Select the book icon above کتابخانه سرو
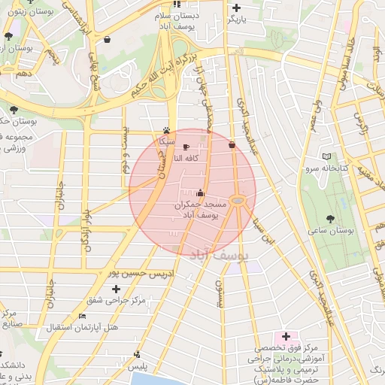pyautogui.click(x=326, y=156)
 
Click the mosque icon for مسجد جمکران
pyautogui.click(x=199, y=192)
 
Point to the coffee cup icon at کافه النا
pyautogui.click(x=186, y=147)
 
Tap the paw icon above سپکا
pyautogui.click(x=166, y=129)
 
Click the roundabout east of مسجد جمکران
pyautogui.click(x=238, y=200)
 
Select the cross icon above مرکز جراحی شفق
pyautogui.click(x=116, y=289)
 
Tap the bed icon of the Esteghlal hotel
pyautogui.click(x=82, y=316)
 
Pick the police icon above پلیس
pyautogui.click(x=136, y=353)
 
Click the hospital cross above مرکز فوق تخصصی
pyautogui.click(x=286, y=335)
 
